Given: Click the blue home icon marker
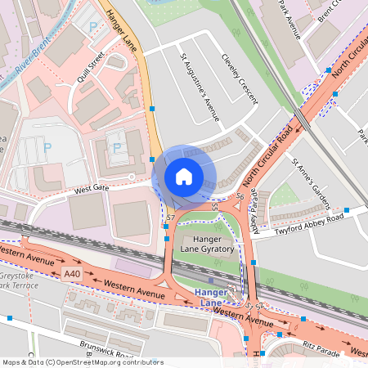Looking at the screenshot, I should pyautogui.click(x=184, y=176).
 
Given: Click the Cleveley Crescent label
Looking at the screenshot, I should pyautogui.click(x=240, y=79).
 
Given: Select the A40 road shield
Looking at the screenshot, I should pyautogui.click(x=73, y=274).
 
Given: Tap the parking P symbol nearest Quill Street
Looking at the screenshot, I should pyautogui.click(x=92, y=27).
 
